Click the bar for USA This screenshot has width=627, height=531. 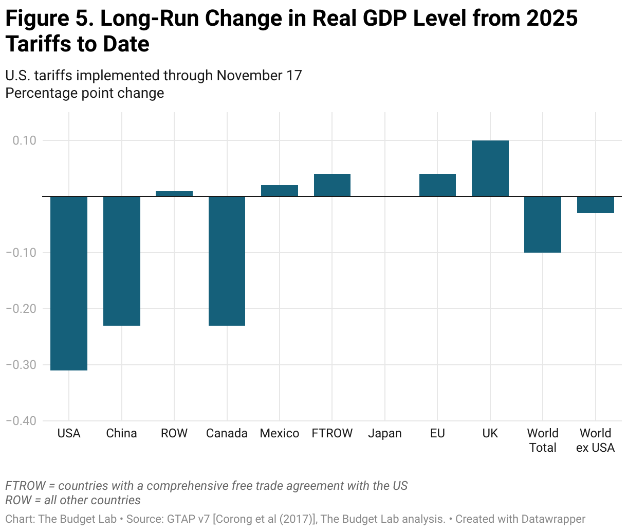[x=69, y=283]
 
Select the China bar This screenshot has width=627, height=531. [x=122, y=261]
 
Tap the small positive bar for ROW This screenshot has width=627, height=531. [x=174, y=193]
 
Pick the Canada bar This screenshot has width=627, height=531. [x=227, y=261]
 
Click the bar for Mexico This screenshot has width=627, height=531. [x=280, y=191]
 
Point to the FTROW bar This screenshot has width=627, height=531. [x=332, y=185]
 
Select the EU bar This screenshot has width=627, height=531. [x=437, y=185]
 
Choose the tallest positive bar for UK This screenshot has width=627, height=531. [x=490, y=168]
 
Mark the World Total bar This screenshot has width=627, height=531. [x=543, y=224]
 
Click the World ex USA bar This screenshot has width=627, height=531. [x=596, y=205]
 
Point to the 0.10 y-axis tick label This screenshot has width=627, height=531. [x=25, y=140]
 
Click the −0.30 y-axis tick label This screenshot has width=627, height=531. [x=21, y=365]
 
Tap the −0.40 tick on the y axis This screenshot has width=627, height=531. [x=21, y=421]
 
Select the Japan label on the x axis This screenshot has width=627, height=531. [x=385, y=434]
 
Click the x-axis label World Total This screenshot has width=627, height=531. [x=543, y=440]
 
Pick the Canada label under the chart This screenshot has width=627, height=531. [x=227, y=434]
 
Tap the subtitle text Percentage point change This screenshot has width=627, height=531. [x=85, y=93]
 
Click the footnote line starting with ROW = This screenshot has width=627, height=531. [x=73, y=500]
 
